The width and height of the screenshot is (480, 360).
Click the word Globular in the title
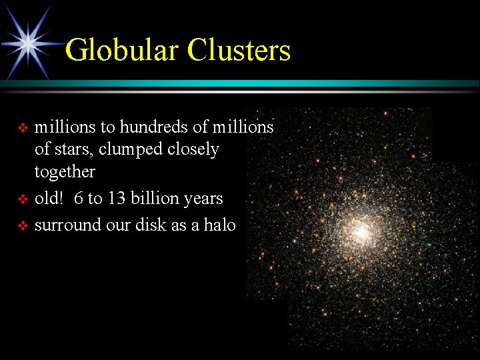(123, 50)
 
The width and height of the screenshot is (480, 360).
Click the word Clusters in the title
(239, 50)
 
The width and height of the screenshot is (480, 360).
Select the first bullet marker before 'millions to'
(23, 127)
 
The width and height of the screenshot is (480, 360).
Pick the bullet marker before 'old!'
(23, 199)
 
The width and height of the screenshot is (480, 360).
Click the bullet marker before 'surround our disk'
(23, 226)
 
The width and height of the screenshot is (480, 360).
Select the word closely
(194, 149)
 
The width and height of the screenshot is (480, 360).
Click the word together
(65, 172)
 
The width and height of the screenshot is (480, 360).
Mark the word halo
(220, 225)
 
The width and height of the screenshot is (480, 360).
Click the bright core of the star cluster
(361, 231)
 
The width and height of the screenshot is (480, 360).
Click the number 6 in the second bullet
(79, 199)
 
